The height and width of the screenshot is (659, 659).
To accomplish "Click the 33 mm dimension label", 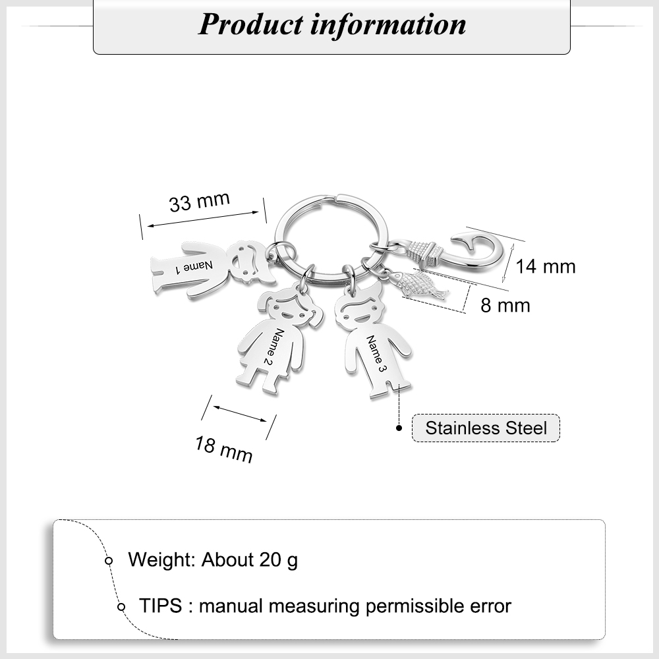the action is [x=200, y=202].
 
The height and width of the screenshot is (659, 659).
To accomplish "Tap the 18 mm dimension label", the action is [x=223, y=449].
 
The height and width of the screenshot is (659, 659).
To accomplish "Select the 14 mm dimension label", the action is [x=545, y=266].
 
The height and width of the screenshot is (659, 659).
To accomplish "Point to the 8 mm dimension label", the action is [x=505, y=305].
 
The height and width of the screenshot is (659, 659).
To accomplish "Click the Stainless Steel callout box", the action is [x=486, y=428].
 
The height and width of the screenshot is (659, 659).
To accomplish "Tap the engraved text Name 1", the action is [x=194, y=267].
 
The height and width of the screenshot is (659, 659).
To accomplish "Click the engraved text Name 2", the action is [x=274, y=347].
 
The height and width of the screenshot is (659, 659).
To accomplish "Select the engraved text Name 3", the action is [x=376, y=354].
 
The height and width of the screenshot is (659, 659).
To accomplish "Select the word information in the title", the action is [x=388, y=24].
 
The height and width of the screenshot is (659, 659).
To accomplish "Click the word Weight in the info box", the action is [x=162, y=560].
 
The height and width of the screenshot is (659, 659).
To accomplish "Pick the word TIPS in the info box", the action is [x=161, y=606].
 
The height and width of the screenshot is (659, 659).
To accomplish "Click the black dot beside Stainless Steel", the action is [x=399, y=428].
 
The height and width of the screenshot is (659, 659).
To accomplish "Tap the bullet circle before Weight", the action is [x=109, y=561].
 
